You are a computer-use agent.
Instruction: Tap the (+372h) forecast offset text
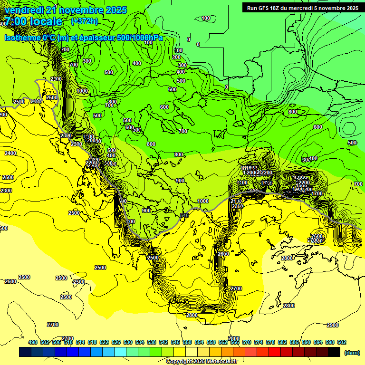(84, 21)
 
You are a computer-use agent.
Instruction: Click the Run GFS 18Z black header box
(302, 8)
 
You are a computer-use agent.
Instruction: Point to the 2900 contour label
(333, 325)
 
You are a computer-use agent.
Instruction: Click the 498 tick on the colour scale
(33, 343)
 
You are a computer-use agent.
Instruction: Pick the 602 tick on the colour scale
(341, 343)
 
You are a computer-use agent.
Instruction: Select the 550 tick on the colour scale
(187, 343)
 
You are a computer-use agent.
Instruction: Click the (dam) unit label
(351, 353)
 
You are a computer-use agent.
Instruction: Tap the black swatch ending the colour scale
(334, 352)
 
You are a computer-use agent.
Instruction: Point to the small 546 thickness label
(184, 216)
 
